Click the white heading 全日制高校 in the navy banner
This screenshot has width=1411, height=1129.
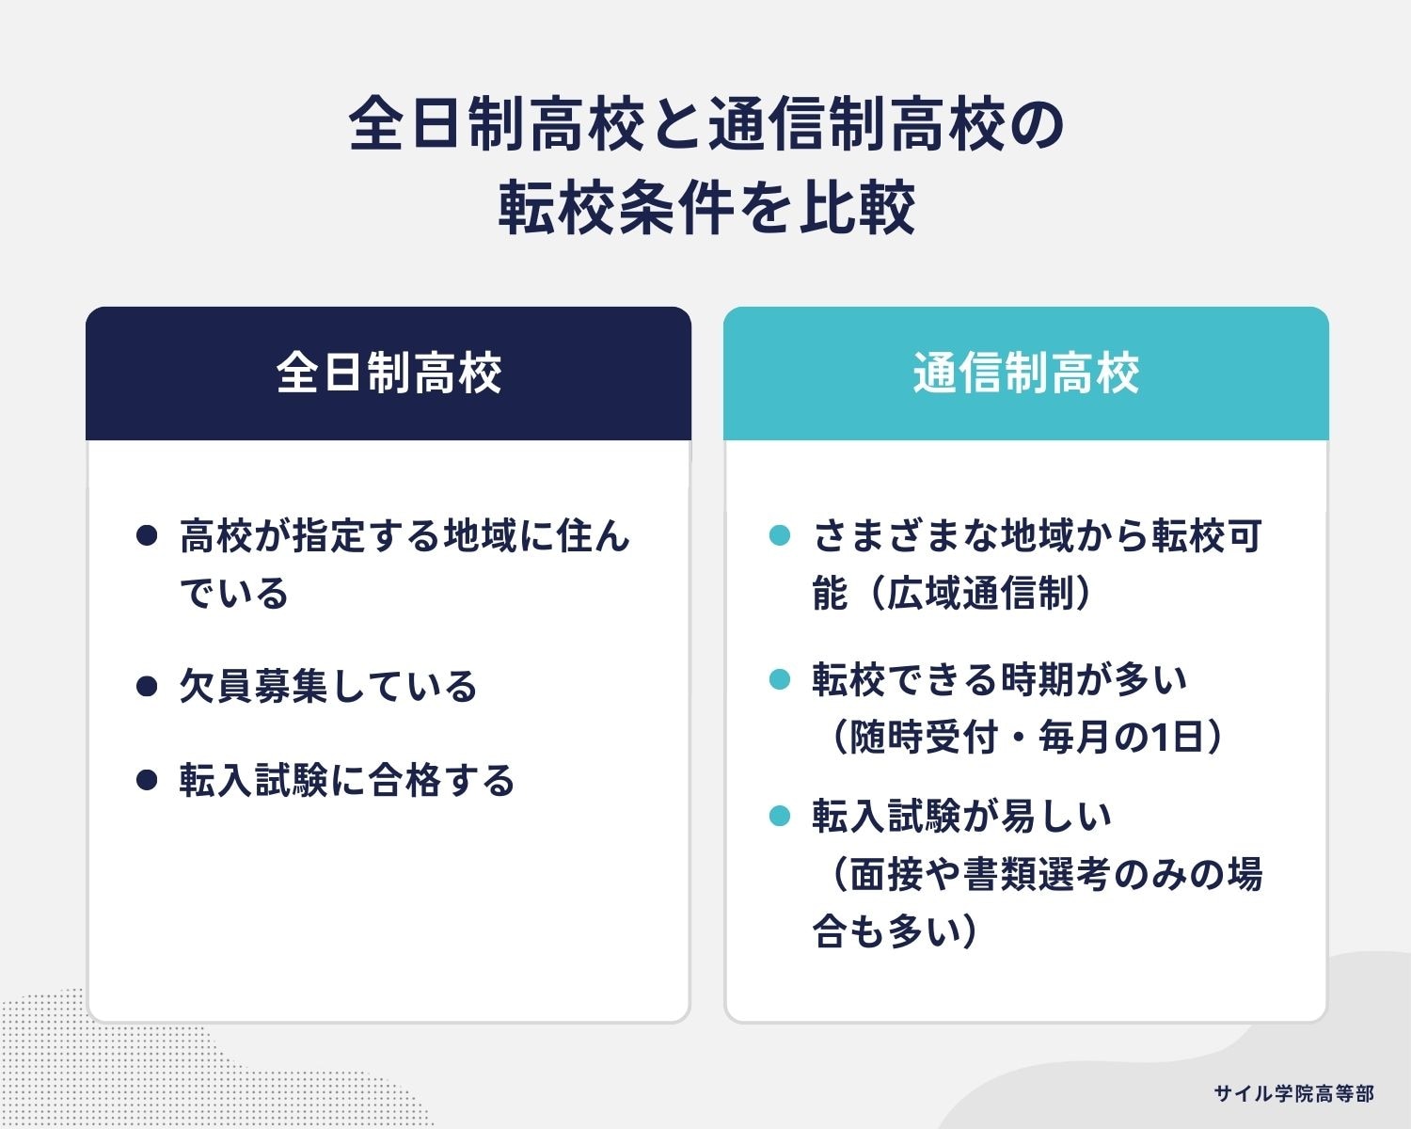pos(388,374)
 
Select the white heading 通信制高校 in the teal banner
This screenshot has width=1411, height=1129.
pos(1025,374)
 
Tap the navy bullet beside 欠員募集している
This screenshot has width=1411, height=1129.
pos(146,686)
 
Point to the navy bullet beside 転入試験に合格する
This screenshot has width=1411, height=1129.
pos(146,780)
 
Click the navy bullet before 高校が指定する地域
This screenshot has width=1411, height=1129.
pos(146,536)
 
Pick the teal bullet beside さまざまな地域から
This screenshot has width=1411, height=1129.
pos(779,536)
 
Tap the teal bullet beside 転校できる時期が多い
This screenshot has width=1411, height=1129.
pos(779,678)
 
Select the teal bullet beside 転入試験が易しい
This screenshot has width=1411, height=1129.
pos(779,816)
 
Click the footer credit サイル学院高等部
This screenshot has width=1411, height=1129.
pos(1293,1093)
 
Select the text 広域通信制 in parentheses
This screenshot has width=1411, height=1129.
pos(978,595)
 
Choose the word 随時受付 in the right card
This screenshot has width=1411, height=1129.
pos(923,737)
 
